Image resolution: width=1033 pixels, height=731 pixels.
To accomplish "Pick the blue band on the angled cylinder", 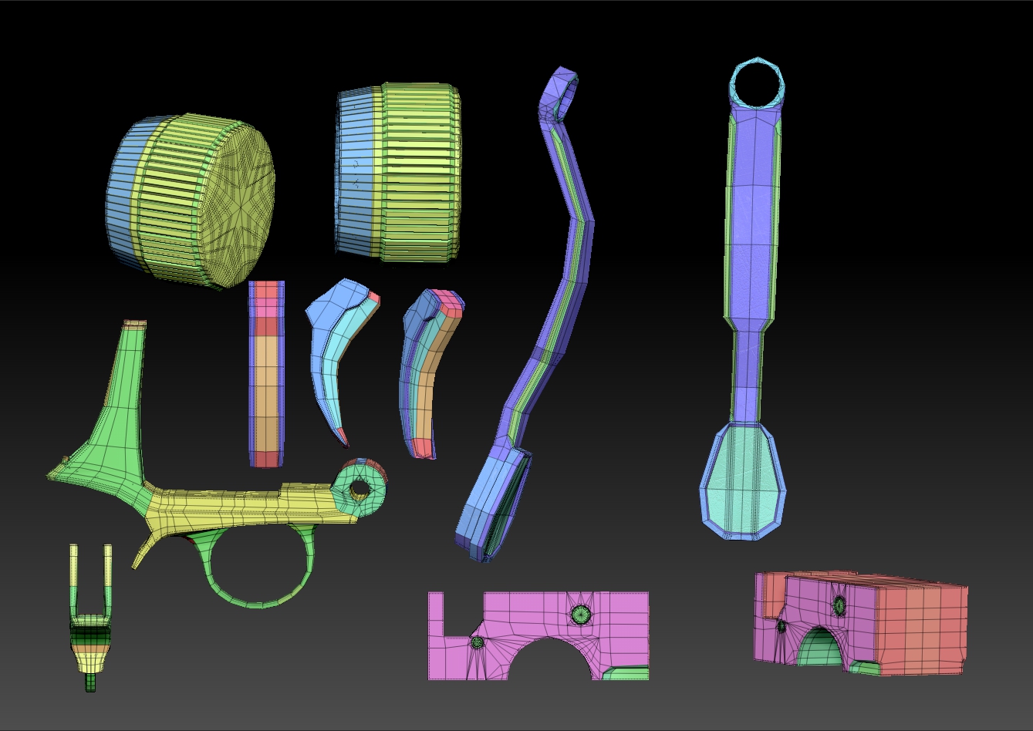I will (x=123, y=193).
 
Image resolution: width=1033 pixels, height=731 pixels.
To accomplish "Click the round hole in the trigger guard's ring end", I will (x=360, y=487).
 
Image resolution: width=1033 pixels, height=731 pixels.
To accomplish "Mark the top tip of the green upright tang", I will (x=135, y=324).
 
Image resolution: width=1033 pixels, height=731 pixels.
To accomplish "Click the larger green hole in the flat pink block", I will (x=581, y=615).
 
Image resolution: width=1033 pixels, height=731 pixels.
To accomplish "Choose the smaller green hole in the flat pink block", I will (x=477, y=642).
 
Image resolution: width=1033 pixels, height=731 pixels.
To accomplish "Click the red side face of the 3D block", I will (x=918, y=625).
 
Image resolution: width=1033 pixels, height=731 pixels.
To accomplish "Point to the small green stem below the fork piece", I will (x=91, y=682).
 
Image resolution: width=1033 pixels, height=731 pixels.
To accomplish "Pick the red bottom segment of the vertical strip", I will (x=265, y=459).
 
